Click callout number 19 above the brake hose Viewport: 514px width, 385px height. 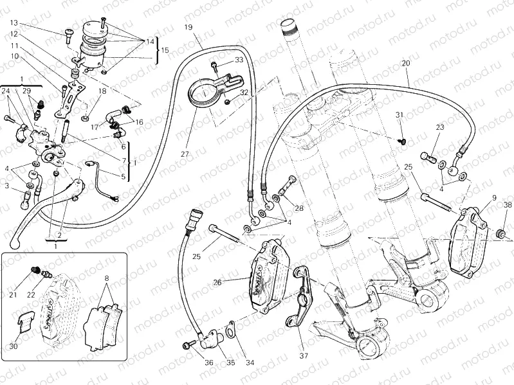188,27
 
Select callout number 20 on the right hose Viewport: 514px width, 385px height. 405,63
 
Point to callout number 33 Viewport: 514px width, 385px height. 239,60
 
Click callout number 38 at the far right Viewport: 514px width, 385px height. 508,206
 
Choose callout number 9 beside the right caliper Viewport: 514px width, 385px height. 494,197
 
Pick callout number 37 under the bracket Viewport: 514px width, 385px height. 304,355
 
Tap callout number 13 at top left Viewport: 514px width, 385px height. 14,22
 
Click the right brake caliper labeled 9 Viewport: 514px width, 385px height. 470,238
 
